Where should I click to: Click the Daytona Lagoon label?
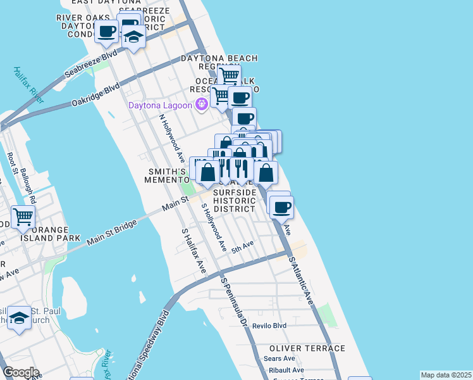161,105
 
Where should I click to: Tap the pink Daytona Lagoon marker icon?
202,104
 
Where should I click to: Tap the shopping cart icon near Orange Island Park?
23,217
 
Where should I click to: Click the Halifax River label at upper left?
29,85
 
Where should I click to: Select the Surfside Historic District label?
235,201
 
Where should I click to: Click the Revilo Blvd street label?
269,326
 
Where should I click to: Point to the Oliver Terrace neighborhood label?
307,348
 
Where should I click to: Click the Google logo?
20,372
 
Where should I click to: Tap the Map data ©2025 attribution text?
446,375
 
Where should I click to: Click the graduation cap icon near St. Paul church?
20,318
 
